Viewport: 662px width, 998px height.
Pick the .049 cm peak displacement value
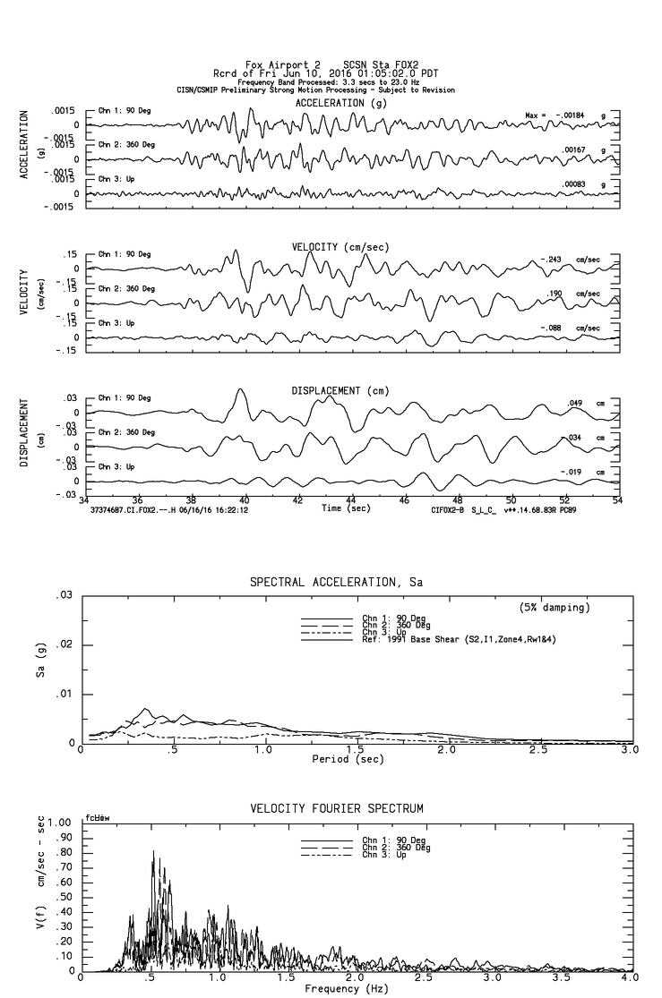click(575, 404)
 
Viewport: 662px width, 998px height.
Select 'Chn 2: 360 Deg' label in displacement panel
click(126, 432)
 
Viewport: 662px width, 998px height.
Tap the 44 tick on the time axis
click(351, 501)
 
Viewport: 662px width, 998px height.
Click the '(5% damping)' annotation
click(554, 608)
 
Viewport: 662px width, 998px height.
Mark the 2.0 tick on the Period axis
click(447, 749)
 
